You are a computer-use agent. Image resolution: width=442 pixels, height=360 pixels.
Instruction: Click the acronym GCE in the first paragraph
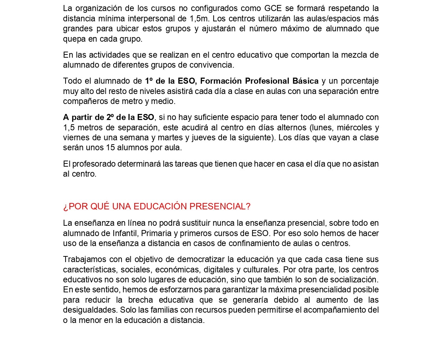coord(273,8)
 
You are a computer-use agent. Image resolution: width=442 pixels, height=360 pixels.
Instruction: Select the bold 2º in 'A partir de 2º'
coord(110,117)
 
